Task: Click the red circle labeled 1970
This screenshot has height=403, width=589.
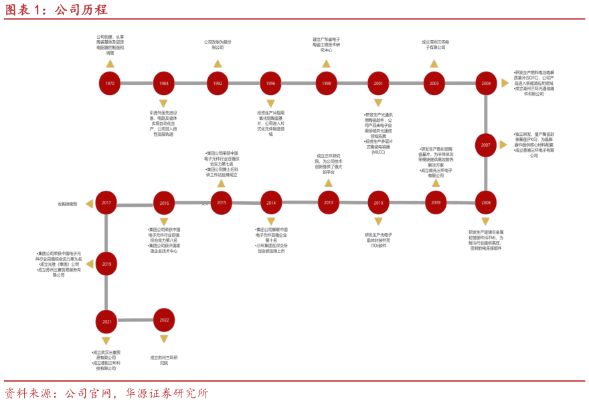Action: (x=110, y=84)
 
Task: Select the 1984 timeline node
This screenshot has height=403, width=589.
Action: (x=163, y=84)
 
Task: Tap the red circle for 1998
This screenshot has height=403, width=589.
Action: (x=326, y=84)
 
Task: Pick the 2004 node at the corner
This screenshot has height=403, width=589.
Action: (x=486, y=84)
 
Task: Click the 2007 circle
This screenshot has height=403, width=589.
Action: (x=486, y=145)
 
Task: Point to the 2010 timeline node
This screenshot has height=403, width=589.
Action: (x=378, y=203)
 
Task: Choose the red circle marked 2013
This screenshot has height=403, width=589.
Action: (x=328, y=203)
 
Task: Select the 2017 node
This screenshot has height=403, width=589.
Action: (x=106, y=203)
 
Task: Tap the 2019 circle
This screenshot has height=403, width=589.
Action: (x=106, y=264)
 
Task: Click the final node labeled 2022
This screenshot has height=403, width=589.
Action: (x=164, y=320)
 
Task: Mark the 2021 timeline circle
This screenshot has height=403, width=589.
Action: (x=106, y=322)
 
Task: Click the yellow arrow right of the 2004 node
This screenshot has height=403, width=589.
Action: (x=505, y=83)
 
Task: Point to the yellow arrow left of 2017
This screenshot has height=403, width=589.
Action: (x=89, y=204)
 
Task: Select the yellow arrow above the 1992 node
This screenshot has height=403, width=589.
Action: (x=218, y=64)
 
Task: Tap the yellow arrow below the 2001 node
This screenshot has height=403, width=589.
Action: (x=378, y=103)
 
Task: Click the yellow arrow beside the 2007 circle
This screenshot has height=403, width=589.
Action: (x=503, y=145)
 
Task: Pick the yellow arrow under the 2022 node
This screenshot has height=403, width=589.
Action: (x=164, y=339)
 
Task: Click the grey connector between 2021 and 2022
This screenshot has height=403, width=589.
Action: (x=135, y=320)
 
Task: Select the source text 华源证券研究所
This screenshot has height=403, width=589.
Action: (x=167, y=394)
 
